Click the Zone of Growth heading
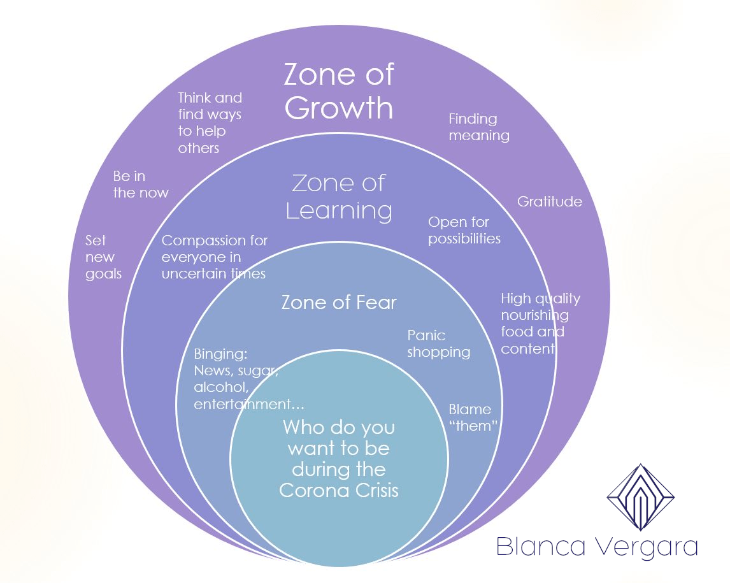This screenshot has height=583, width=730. (338, 91)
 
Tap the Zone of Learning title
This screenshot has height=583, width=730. (338, 196)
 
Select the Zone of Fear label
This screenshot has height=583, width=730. (338, 302)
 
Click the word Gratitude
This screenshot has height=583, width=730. (549, 202)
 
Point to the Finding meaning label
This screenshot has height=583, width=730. (479, 127)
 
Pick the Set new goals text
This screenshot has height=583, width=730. (103, 257)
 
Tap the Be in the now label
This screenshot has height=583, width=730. (141, 184)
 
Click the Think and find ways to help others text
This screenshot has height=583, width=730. (210, 122)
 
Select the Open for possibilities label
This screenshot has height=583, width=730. (464, 231)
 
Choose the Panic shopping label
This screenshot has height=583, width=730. (438, 343)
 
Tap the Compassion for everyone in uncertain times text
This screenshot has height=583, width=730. (214, 257)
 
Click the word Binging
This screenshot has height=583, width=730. (220, 354)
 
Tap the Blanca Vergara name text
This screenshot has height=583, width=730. (596, 547)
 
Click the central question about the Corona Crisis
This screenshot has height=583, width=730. (338, 459)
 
